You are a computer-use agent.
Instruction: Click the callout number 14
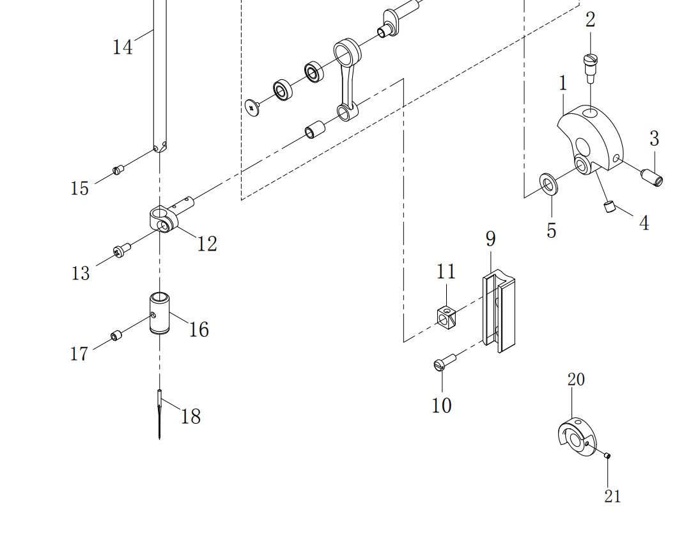pyautogui.click(x=122, y=47)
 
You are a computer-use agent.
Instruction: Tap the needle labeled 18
pyautogui.click(x=159, y=414)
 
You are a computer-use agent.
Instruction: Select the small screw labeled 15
pyautogui.click(x=118, y=169)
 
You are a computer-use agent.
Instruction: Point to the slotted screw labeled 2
pyautogui.click(x=590, y=68)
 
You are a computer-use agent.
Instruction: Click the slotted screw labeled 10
pyautogui.click(x=445, y=361)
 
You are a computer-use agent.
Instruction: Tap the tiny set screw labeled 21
pyautogui.click(x=607, y=456)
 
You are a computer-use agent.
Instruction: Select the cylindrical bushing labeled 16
pyautogui.click(x=159, y=313)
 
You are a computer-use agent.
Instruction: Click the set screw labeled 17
pyautogui.click(x=116, y=336)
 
